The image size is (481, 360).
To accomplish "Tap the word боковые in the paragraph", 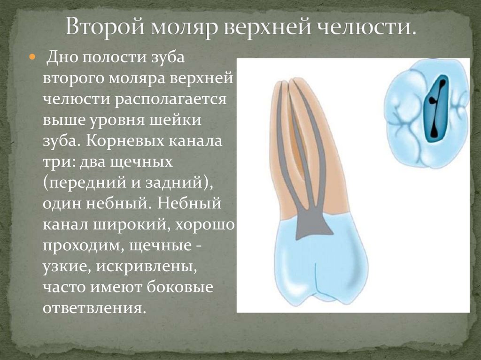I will click(x=180, y=287).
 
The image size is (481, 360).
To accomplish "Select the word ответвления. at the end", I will click(x=92, y=308).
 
